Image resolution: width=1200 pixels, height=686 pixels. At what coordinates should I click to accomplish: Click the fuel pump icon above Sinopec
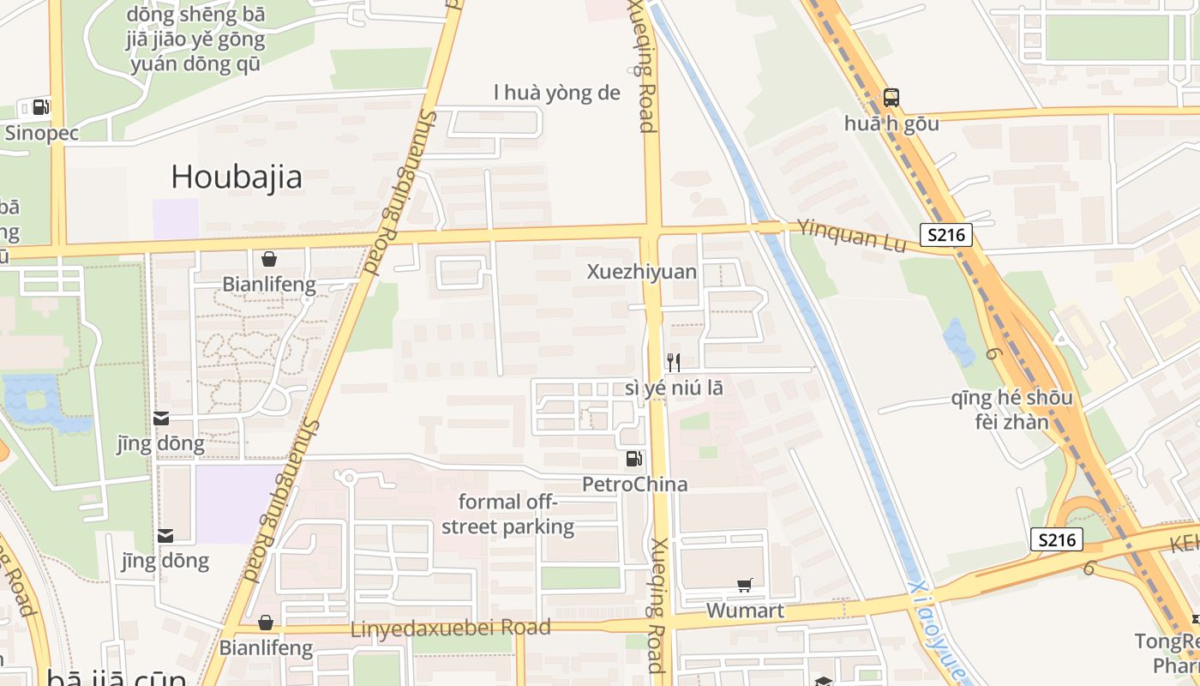[40, 107]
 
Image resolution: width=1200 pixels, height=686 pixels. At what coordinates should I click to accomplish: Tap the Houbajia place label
[237, 178]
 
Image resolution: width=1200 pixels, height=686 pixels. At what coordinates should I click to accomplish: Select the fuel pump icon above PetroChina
[634, 459]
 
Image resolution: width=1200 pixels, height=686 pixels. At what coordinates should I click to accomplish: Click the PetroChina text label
[634, 484]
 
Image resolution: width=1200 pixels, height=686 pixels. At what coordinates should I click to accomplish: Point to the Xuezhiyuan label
[642, 272]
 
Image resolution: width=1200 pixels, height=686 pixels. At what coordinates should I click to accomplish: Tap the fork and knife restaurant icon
[674, 362]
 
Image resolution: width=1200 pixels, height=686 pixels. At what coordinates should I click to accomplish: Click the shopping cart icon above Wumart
[745, 586]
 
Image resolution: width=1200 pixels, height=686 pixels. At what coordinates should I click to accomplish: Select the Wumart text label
[745, 611]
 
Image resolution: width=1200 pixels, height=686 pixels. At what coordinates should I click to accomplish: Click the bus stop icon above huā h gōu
[891, 98]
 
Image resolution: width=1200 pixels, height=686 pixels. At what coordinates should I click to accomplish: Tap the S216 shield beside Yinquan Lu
[946, 235]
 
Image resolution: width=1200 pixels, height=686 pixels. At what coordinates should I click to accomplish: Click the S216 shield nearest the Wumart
[1057, 539]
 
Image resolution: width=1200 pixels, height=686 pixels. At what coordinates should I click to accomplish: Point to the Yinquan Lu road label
[851, 236]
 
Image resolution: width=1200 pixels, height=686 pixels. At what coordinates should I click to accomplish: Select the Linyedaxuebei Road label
[450, 629]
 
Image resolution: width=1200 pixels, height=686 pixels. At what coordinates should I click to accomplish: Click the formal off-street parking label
[507, 514]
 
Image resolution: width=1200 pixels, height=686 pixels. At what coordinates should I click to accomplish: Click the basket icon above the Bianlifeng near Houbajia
[269, 259]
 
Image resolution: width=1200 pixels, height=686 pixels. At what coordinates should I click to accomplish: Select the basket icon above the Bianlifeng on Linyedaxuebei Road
[266, 623]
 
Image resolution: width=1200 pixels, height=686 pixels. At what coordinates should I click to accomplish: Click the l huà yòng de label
[556, 93]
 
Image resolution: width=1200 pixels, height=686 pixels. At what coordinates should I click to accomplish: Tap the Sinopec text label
[42, 133]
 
